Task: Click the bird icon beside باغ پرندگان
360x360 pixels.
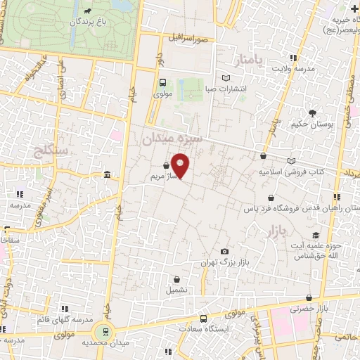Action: [86, 11]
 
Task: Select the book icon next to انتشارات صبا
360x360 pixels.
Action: [225, 78]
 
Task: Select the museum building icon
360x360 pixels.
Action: [106, 174]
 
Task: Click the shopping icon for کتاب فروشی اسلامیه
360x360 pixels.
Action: [263, 157]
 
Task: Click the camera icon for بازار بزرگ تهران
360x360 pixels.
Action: [224, 251]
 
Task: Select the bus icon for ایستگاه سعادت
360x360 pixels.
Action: [205, 317]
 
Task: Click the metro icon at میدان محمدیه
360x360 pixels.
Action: [106, 331]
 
